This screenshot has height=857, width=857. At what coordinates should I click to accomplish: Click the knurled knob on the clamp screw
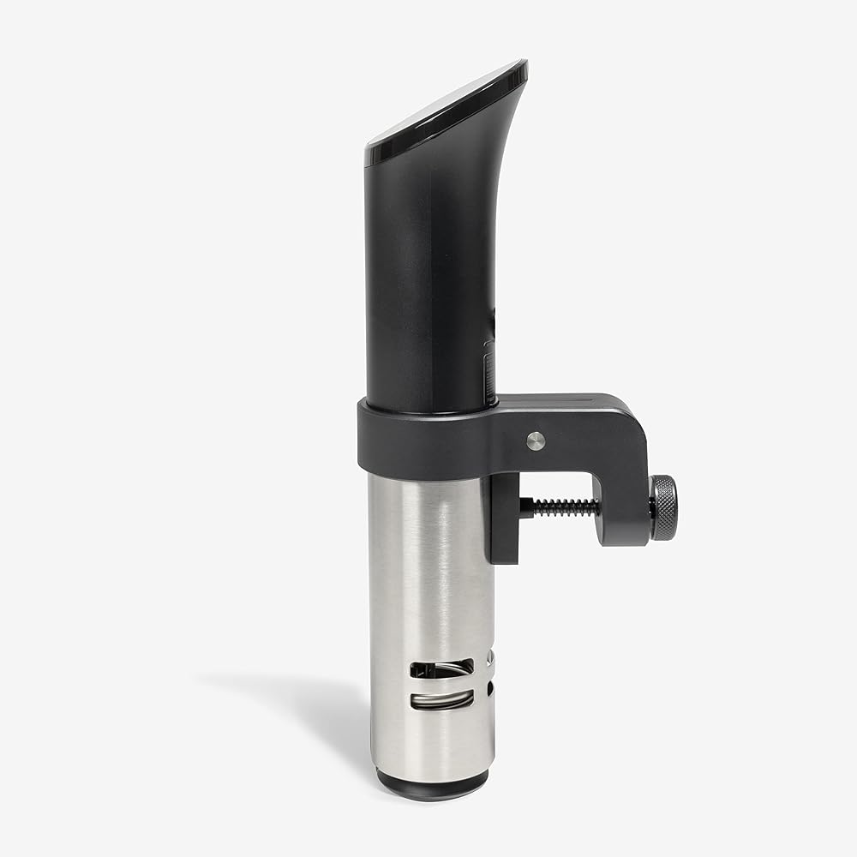coord(662,507)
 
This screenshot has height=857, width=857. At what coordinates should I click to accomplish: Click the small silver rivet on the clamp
coord(536,440)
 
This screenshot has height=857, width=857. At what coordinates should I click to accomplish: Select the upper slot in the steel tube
coord(440,667)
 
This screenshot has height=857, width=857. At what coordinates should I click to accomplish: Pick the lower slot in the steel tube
coord(440,699)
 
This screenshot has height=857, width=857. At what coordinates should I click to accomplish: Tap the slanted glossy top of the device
coord(446,107)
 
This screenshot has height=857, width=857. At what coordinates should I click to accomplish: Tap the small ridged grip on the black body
coord(489,373)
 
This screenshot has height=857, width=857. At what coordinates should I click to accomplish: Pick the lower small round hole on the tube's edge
coord(489,687)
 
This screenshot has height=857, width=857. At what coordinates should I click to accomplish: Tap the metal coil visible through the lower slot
coord(440,701)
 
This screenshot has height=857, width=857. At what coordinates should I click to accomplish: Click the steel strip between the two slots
coord(440,683)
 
